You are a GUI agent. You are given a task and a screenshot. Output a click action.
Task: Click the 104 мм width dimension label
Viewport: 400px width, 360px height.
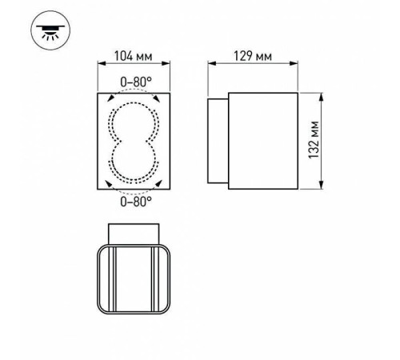tap(134, 57)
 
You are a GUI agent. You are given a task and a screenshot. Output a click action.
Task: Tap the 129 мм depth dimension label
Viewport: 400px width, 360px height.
tap(254, 57)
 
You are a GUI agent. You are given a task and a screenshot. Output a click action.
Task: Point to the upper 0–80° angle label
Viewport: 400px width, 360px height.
tap(134, 81)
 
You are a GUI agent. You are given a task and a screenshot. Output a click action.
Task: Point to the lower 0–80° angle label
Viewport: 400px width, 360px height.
tap(134, 202)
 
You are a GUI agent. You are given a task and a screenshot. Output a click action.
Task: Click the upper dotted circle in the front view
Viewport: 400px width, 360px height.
tap(134, 121)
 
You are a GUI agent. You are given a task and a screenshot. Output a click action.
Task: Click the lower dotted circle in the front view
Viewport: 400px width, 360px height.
tap(134, 163)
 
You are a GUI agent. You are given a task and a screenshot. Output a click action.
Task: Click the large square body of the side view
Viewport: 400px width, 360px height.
tap(264, 141)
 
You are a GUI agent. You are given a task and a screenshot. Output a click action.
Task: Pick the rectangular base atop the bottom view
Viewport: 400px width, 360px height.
tap(134, 232)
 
